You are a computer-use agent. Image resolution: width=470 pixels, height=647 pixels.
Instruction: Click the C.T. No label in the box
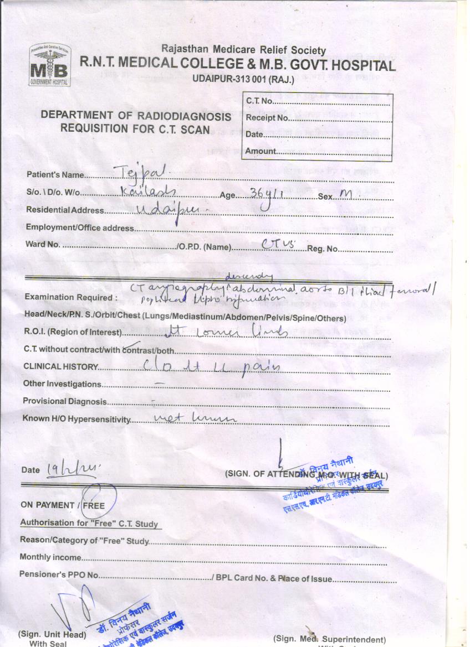click(259, 101)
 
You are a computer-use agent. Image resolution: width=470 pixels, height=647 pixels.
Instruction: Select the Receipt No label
click(267, 118)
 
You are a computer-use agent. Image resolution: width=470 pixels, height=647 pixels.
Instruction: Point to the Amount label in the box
click(260, 151)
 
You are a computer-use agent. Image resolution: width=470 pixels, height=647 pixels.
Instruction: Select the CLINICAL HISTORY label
click(60, 367)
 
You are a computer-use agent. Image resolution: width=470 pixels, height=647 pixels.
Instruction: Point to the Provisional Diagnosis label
click(64, 401)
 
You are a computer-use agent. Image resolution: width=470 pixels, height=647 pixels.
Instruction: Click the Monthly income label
click(50, 557)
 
